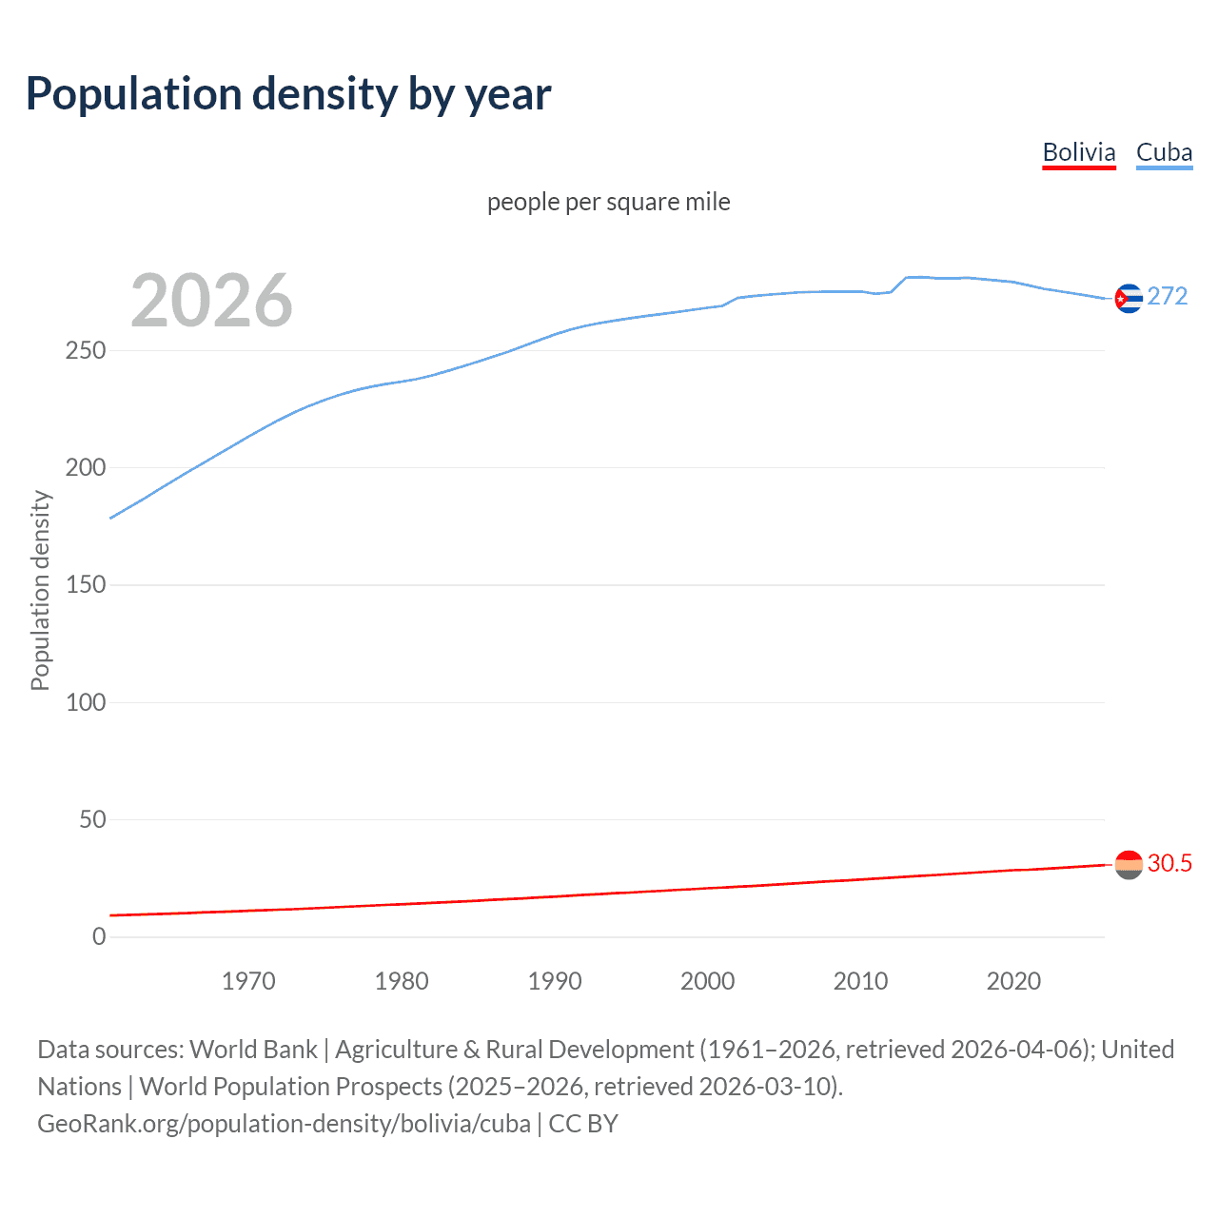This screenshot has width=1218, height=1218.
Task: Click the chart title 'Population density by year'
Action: [x=288, y=94]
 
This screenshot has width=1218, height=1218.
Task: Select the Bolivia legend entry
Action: [x=1078, y=152]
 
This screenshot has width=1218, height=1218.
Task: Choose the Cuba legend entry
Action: [x=1164, y=152]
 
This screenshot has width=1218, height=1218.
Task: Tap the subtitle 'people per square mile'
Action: [x=608, y=202]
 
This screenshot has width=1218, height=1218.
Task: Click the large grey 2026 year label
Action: [x=211, y=301]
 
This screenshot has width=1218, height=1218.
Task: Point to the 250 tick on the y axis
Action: [x=86, y=350]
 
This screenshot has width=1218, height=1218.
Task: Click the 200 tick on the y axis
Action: [x=86, y=467]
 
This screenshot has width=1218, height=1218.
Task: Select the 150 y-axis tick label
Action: [x=86, y=585]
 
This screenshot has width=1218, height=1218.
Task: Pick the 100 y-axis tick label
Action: [x=86, y=702]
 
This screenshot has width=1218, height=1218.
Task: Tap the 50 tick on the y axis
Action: [x=92, y=819]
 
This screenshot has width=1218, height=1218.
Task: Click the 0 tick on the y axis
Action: [x=99, y=936]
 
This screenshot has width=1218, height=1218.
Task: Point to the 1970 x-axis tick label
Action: [x=248, y=981]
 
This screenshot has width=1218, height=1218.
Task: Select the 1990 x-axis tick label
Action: [x=555, y=981]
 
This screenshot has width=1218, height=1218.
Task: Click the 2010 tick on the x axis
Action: [x=860, y=981]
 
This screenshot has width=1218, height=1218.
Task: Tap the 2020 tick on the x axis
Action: [x=1013, y=981]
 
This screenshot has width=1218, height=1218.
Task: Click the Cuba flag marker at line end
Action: [x=1129, y=299]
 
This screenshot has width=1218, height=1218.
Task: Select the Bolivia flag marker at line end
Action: [x=1129, y=864]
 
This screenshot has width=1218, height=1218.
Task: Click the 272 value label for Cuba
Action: [x=1168, y=296]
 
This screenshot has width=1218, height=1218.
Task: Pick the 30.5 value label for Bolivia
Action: [x=1169, y=863]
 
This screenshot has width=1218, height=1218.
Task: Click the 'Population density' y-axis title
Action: [x=40, y=590]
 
